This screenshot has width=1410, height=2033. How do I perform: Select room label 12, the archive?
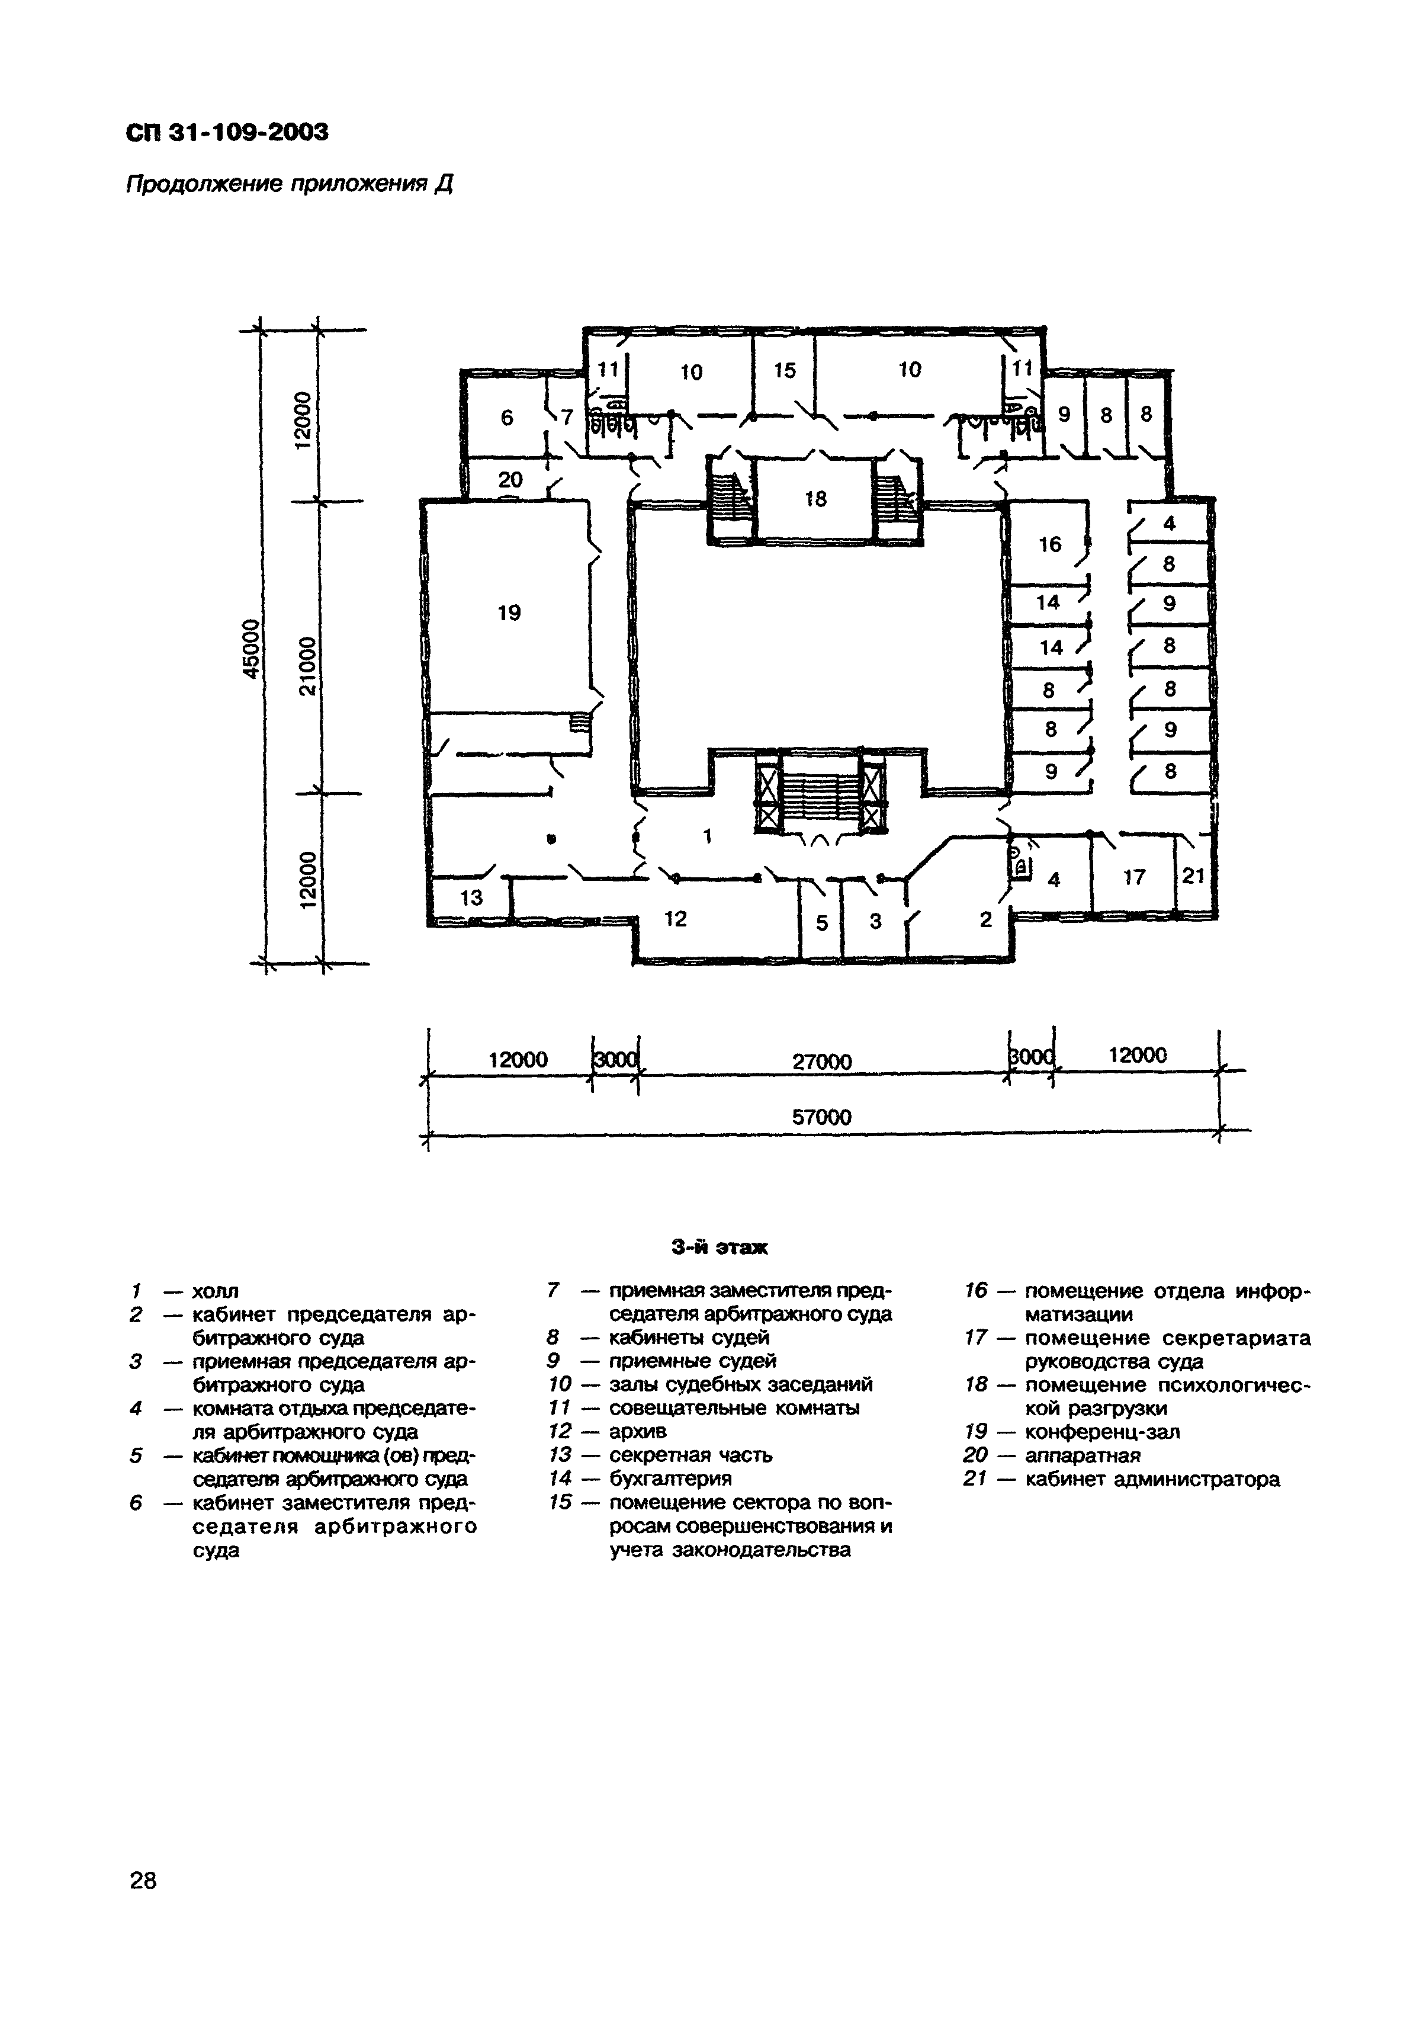click(675, 919)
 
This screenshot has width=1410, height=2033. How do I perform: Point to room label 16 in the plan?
click(1049, 544)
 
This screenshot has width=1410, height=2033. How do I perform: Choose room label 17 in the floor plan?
click(1135, 877)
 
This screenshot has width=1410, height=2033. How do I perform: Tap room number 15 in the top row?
click(785, 371)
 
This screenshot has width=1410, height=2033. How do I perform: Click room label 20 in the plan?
click(510, 480)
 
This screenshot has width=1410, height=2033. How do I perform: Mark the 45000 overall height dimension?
click(252, 649)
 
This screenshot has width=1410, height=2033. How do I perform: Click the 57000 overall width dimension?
click(821, 1118)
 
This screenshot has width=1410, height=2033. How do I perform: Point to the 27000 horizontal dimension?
click(821, 1061)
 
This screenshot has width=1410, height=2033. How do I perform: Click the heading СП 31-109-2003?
click(227, 133)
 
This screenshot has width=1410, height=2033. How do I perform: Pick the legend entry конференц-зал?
click(1101, 1431)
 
